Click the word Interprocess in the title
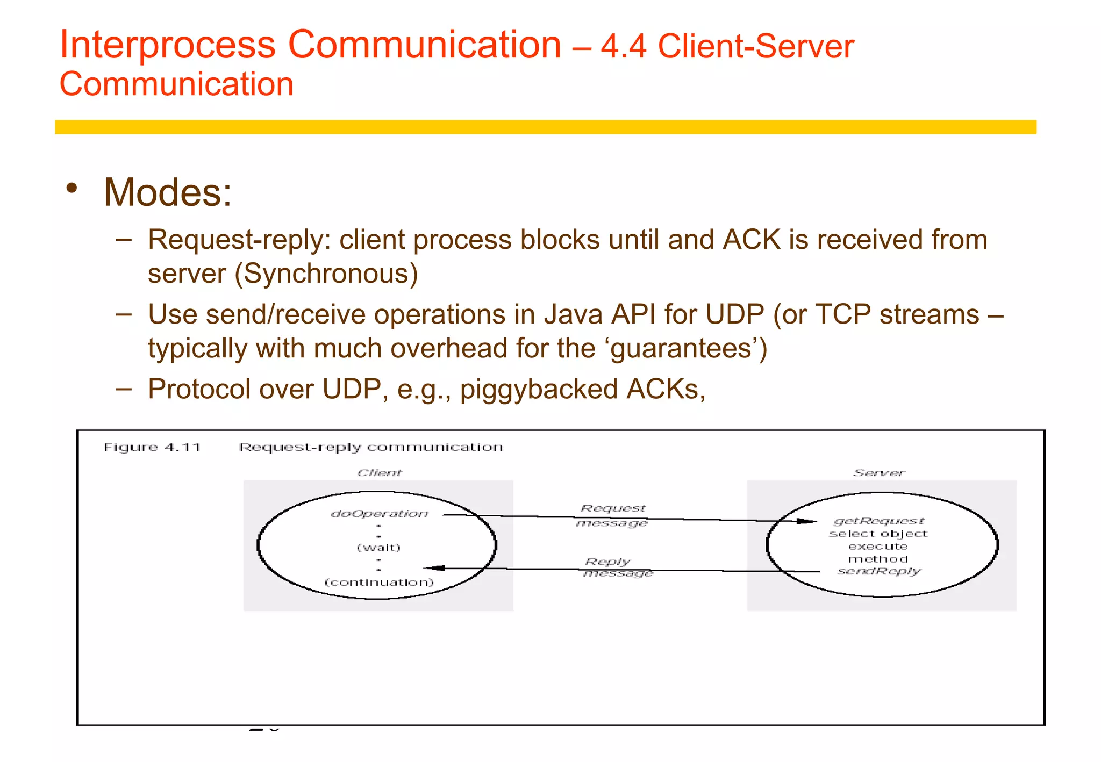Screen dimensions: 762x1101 (167, 45)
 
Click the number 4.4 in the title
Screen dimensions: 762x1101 (623, 47)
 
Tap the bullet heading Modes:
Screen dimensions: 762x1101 (167, 192)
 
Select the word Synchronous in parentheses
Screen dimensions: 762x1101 (326, 274)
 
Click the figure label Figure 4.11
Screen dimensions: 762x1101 (152, 448)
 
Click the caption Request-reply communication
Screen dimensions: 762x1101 (371, 448)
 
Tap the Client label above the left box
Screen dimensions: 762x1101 (380, 473)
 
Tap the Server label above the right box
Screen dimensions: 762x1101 (879, 473)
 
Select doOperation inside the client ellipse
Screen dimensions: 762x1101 (380, 514)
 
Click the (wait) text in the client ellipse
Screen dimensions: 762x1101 (379, 548)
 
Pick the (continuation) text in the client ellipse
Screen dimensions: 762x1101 (379, 583)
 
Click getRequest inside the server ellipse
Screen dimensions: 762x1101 (879, 521)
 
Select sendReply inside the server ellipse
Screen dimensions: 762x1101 (879, 571)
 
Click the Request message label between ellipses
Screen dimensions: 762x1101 (612, 515)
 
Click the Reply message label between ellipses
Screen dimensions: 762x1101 (616, 567)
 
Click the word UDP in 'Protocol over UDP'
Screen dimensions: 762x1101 (352, 390)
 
